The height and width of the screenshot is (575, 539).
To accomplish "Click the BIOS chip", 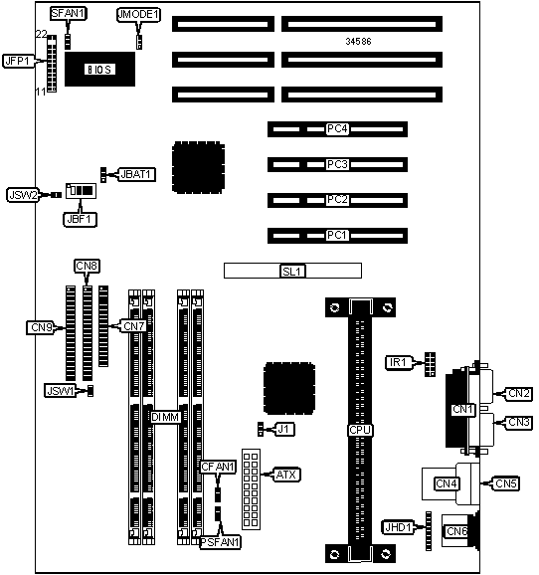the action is (x=99, y=69).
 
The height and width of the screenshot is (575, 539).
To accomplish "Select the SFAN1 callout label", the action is (x=69, y=14).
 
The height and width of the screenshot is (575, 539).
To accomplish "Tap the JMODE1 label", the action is (x=138, y=15).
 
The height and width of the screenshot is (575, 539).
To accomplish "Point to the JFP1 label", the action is (x=18, y=61).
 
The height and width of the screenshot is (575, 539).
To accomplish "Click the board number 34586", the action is (x=358, y=42).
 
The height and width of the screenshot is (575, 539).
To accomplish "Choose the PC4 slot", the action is (x=337, y=129).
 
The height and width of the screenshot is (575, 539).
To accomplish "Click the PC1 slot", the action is (x=337, y=236).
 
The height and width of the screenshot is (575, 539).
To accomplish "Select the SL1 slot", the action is (x=292, y=271).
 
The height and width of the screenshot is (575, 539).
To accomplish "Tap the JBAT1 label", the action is (x=136, y=174).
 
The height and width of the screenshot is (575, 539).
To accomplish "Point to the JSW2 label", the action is (x=23, y=195).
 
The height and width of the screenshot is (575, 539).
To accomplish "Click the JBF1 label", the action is (x=80, y=219).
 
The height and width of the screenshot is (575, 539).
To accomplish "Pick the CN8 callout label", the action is (x=87, y=266).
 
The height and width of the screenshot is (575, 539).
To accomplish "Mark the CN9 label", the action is (x=41, y=327).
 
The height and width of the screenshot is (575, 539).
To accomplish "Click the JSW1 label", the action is (x=60, y=391).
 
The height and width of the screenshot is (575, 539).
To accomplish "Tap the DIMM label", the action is (x=166, y=417).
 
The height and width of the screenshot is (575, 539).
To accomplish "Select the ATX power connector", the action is (x=251, y=489).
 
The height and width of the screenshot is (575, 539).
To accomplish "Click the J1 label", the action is (x=283, y=429).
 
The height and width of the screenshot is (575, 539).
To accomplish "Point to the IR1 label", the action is (x=399, y=363).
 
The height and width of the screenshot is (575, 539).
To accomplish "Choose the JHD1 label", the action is (x=398, y=527).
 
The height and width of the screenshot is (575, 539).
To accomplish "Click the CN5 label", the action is (x=505, y=483).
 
